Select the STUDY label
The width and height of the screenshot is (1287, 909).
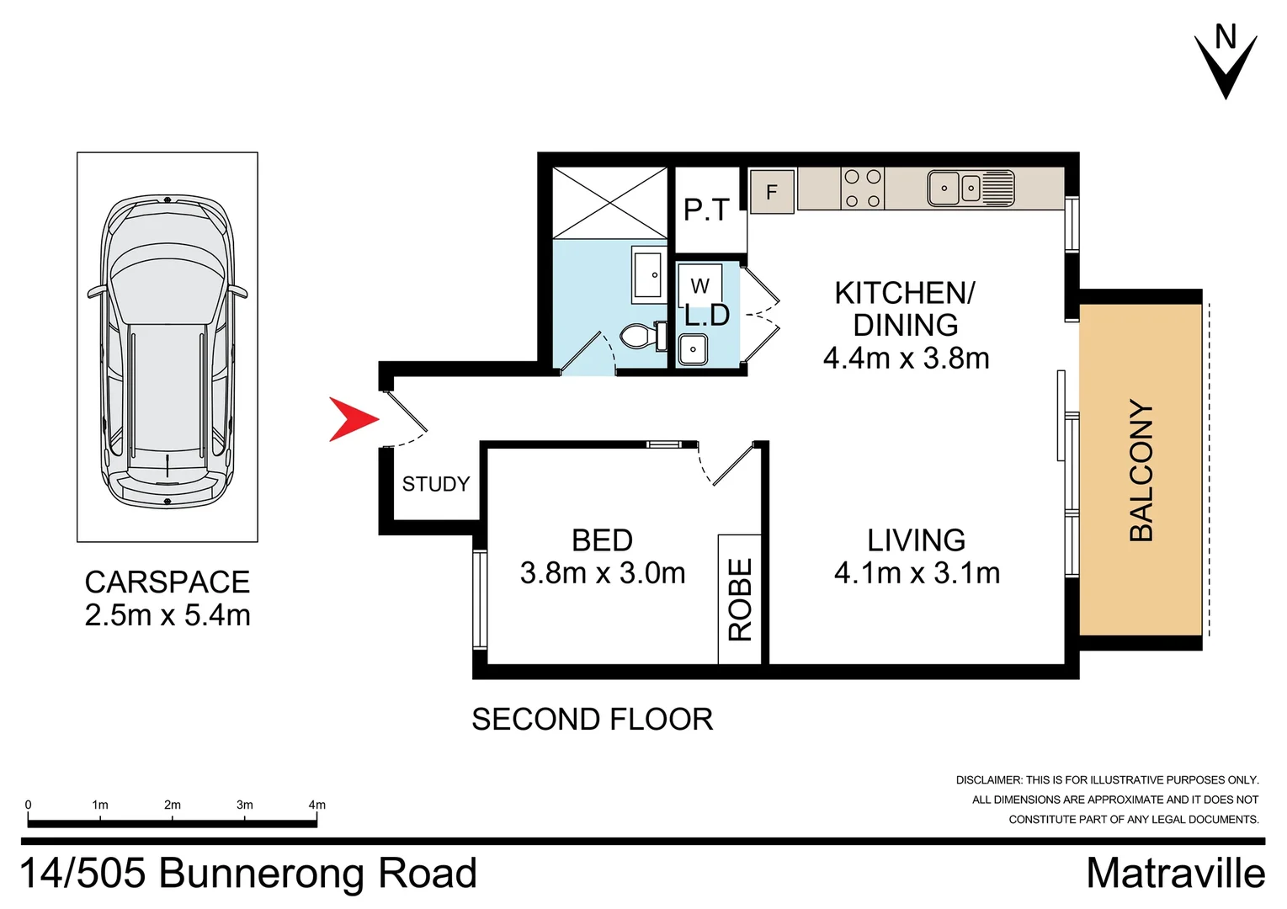435,484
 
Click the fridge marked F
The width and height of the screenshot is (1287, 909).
772,192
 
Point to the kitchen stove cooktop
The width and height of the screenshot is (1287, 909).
863,189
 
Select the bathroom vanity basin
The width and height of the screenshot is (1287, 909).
648,274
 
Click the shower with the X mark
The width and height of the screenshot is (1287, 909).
609,203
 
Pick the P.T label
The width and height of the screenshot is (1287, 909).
706,210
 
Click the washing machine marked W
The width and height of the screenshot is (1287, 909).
700,286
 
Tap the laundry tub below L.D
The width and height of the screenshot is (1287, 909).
693,349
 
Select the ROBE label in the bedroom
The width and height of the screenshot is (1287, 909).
740,599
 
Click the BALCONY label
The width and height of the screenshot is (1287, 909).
1141,470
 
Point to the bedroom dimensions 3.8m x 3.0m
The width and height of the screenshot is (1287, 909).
603,573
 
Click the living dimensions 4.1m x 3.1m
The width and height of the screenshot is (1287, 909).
917,573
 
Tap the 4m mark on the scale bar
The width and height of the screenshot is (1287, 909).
316,805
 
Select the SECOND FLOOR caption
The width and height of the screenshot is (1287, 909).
592,720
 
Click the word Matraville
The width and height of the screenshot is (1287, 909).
1175,874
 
